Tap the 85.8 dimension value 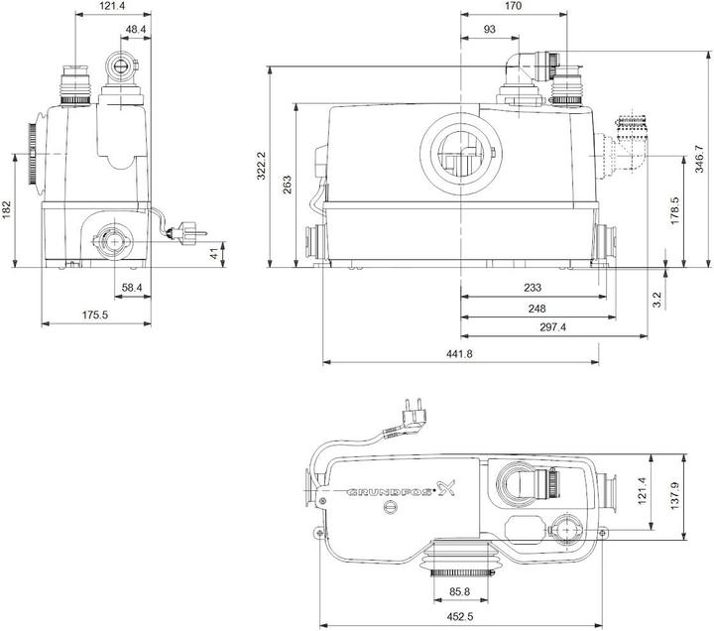[461, 592]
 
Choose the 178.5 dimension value [673, 211]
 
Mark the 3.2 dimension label [656, 298]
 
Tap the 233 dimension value [533, 288]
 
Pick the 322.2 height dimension [261, 167]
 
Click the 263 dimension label [288, 185]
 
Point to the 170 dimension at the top [513, 6]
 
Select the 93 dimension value [490, 30]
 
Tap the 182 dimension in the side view [7, 211]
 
